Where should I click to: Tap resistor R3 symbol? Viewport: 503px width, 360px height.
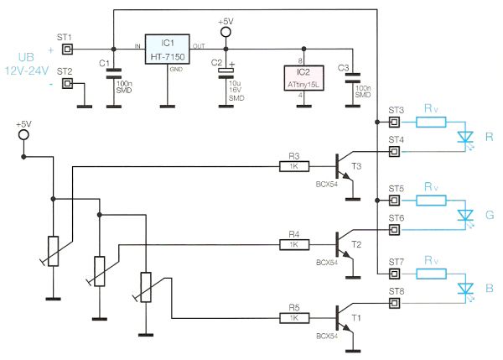[x=293, y=165]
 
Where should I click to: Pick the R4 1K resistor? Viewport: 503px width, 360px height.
[x=293, y=243]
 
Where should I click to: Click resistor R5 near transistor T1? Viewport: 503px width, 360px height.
[x=293, y=318]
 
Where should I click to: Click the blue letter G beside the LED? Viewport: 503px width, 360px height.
[x=489, y=216]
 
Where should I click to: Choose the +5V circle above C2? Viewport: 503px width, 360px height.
[x=225, y=33]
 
